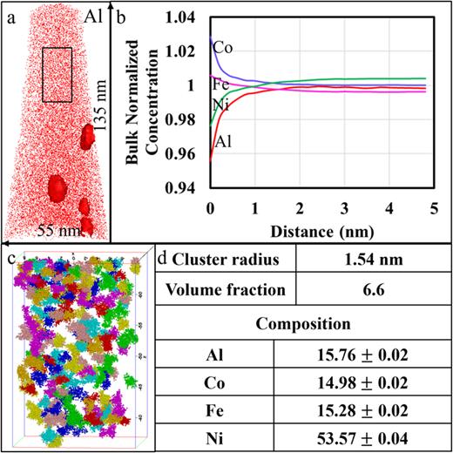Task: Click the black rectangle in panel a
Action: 57,75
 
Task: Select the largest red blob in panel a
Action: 58,186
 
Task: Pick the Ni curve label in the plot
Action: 220,105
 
